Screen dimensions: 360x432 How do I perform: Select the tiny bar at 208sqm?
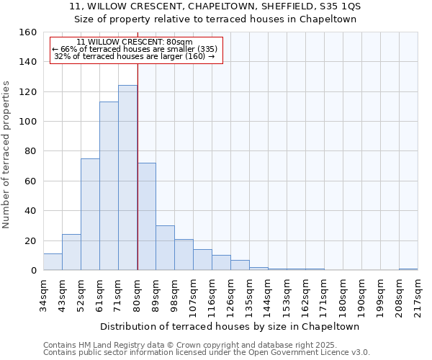click(408, 269)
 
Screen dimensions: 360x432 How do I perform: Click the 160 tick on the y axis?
click(28, 32)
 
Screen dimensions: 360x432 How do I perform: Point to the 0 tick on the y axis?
click(33, 271)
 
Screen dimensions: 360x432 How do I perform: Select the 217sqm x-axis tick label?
click(418, 294)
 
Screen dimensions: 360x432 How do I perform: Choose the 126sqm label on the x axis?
click(230, 294)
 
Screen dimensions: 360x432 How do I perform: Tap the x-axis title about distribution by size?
click(230, 326)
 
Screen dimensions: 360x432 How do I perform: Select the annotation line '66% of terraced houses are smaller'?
click(134, 49)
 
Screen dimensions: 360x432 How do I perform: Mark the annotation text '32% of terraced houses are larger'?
click(134, 56)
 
